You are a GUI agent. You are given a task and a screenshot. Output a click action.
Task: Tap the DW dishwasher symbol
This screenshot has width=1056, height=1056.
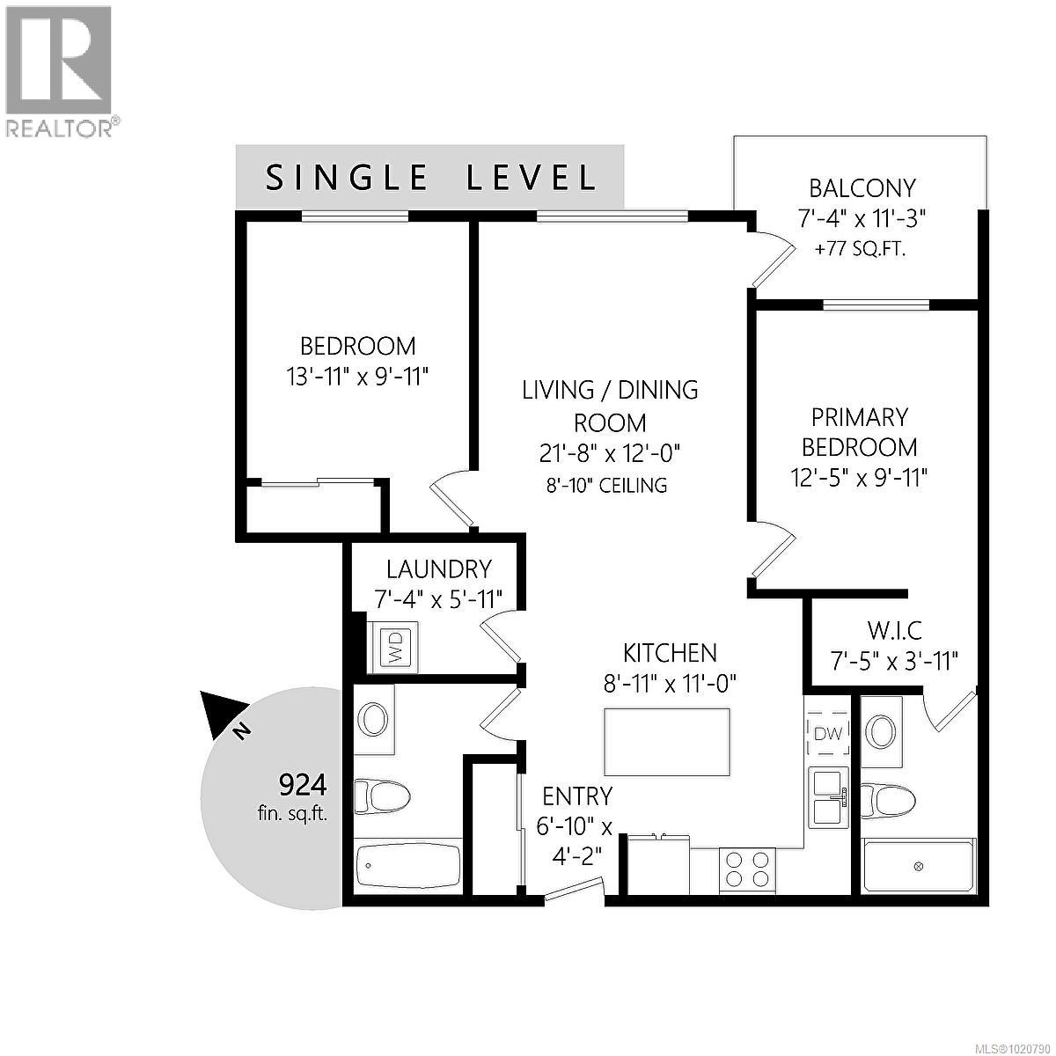pos(827,732)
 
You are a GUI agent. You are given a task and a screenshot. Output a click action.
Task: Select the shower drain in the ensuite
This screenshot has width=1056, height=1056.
pos(919,867)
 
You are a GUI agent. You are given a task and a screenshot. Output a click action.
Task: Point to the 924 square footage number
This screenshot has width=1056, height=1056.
pos(302,783)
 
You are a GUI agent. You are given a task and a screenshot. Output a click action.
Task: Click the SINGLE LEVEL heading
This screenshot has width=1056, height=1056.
pos(431,178)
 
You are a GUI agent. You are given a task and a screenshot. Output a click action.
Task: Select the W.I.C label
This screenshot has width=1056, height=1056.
pos(894,631)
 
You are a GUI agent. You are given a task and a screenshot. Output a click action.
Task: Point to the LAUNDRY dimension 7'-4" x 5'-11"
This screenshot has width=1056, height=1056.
pos(438,599)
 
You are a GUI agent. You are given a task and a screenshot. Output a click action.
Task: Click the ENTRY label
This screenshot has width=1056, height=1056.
pos(576,796)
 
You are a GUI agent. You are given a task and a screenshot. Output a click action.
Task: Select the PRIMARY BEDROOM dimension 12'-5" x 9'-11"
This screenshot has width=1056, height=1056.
pos(859,477)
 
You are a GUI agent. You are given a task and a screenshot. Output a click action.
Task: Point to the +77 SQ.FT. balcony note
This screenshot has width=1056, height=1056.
pos(860,249)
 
